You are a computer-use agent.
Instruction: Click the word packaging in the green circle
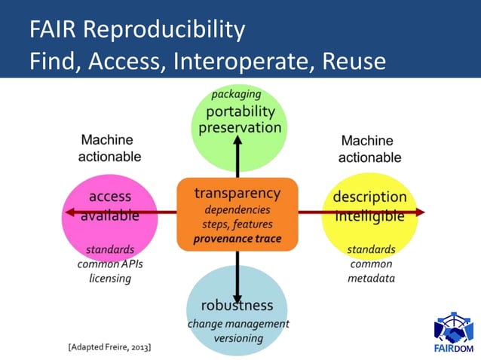tap(236, 94)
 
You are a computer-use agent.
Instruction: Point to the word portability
tap(240, 111)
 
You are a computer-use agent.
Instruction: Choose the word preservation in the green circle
tap(240, 127)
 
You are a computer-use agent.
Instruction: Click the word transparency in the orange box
tap(237, 193)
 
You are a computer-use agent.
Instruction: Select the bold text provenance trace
tap(237, 239)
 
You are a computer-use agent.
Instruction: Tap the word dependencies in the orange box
tap(237, 209)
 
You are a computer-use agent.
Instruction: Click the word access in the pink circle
tap(110, 197)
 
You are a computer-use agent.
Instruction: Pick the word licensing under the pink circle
tap(109, 279)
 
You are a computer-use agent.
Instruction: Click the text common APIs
tap(109, 264)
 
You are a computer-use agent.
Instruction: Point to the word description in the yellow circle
tap(369, 197)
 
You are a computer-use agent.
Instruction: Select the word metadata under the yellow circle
tap(371, 279)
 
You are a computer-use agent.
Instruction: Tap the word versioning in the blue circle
tap(237, 338)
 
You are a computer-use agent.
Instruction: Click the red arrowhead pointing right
tap(419, 212)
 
